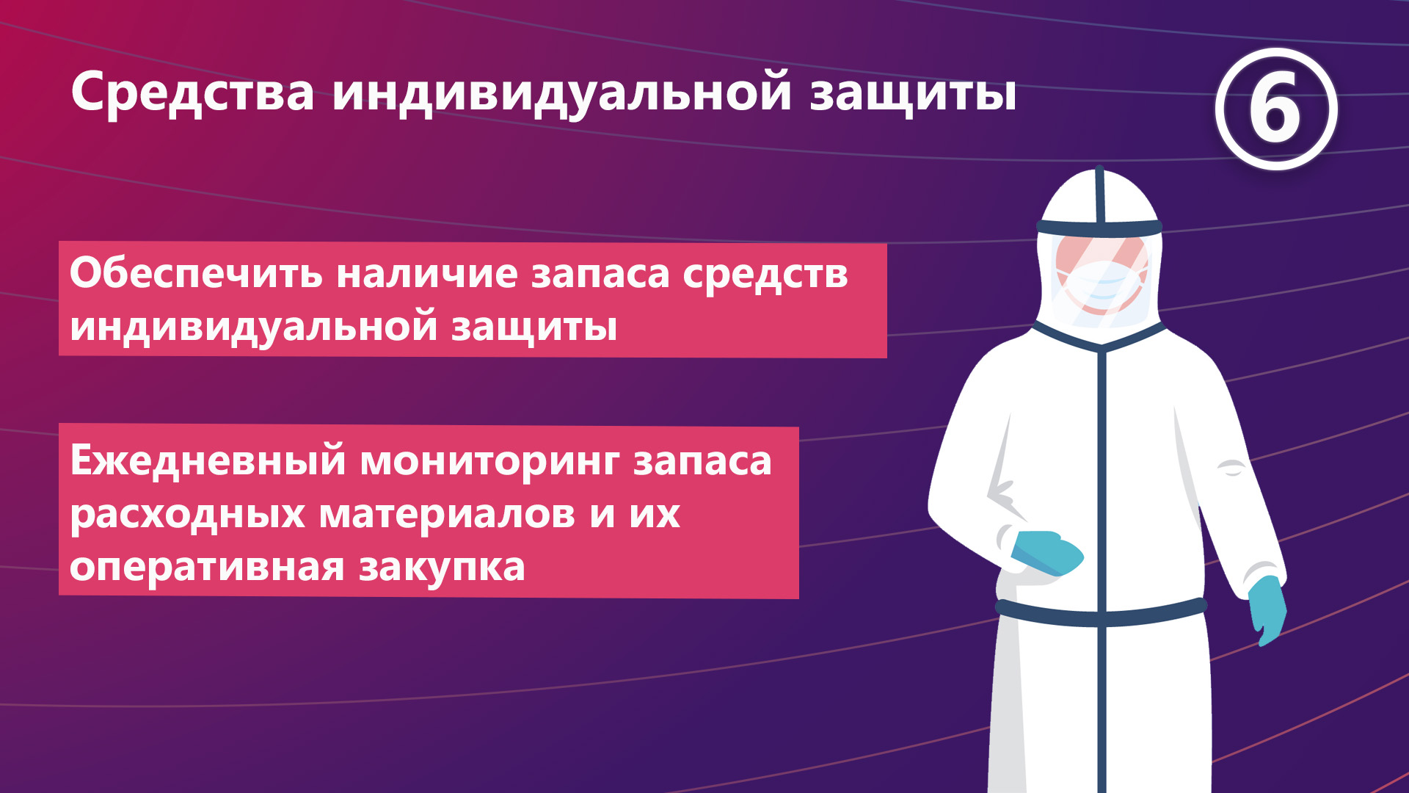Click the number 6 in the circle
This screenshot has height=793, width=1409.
[1276, 110]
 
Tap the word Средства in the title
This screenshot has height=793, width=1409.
[193, 93]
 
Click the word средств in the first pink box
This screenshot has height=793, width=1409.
[765, 275]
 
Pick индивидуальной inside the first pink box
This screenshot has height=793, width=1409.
[254, 327]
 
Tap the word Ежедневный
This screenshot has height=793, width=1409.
[208, 461]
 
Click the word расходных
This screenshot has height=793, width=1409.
[187, 514]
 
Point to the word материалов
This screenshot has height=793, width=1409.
[448, 514]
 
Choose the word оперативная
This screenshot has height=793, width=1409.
[207, 568]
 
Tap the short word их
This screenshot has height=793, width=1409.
[655, 514]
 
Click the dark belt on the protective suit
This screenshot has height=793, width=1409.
[1101, 612]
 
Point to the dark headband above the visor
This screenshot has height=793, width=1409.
[1099, 228]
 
